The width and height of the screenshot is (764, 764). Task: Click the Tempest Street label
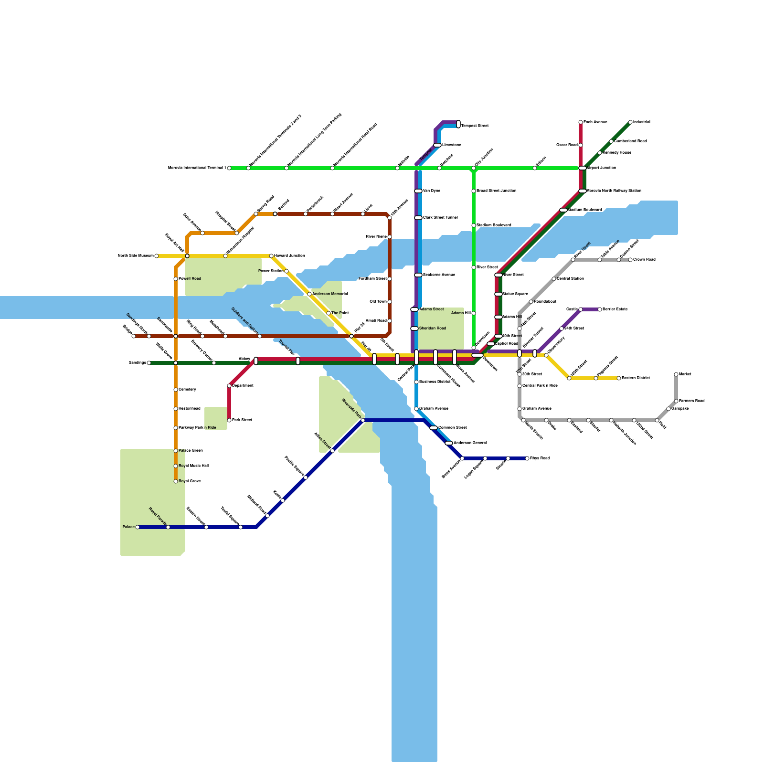(475, 126)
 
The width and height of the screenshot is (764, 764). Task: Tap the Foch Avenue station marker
(581, 122)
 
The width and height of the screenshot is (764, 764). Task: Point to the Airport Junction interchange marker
(583, 168)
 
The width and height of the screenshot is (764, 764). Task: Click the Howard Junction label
(289, 256)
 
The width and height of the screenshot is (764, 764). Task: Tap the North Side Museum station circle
(157, 256)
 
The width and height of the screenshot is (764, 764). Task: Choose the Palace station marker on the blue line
(138, 527)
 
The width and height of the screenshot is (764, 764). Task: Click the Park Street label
(242, 420)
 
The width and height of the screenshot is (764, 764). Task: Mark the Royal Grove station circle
(176, 481)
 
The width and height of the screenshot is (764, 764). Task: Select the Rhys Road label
(540, 458)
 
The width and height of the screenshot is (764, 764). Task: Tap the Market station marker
(676, 374)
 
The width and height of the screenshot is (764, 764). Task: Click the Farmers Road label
(692, 401)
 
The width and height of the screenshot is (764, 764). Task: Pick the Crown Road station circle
(630, 260)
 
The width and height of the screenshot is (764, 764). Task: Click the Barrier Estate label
(615, 309)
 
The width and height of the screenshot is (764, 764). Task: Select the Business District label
(435, 382)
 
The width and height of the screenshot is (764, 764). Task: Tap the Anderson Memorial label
(330, 294)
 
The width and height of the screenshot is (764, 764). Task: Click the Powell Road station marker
(176, 279)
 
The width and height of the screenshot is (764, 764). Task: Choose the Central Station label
(570, 279)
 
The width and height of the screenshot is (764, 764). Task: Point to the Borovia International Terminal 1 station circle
(229, 168)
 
